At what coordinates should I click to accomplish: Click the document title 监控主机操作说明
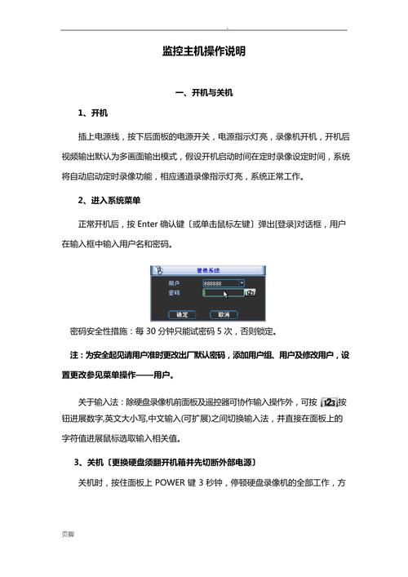(204, 51)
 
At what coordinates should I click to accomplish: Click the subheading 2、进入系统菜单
(111, 200)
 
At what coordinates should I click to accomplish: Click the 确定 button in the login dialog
(182, 314)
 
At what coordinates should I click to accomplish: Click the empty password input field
(223, 292)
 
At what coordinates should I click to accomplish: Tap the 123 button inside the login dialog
(251, 292)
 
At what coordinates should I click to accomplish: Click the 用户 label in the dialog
(174, 282)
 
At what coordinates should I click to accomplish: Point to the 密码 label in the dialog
(174, 292)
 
